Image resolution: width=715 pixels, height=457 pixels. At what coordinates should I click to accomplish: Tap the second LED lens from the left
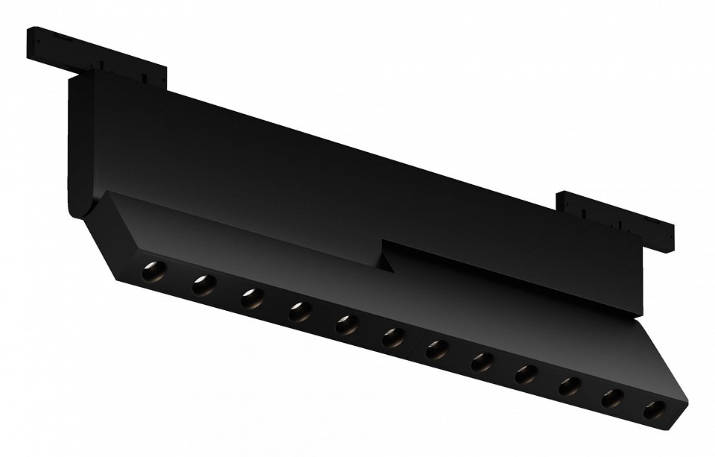[203, 285]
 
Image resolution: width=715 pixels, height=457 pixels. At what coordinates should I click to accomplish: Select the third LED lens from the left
[252, 298]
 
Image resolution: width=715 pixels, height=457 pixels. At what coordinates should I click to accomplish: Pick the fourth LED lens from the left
[299, 312]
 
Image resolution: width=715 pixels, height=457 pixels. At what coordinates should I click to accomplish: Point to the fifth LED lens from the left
[346, 324]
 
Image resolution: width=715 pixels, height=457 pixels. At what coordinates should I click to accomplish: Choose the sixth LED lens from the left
[393, 337]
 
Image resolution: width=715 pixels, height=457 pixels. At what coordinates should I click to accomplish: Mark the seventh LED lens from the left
[437, 350]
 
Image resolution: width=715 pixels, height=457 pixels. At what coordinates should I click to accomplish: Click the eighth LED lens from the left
[482, 362]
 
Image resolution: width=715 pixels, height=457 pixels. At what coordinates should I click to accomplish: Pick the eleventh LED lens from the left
[612, 398]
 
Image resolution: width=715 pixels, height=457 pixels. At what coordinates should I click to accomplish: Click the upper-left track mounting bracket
[97, 55]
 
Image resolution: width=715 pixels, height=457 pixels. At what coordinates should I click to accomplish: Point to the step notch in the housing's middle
[387, 257]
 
